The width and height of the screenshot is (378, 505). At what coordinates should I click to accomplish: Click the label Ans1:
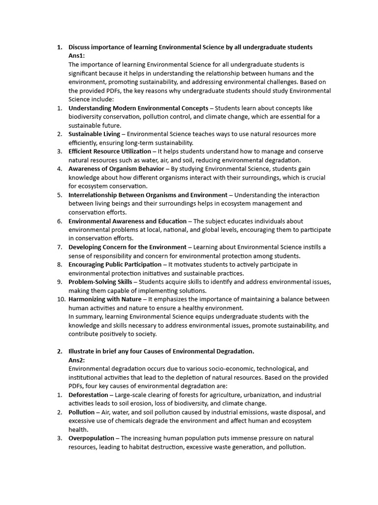point(76,56)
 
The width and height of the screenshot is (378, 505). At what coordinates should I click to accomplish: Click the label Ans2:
point(76,360)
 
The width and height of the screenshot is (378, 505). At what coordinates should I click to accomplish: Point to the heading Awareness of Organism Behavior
point(116,169)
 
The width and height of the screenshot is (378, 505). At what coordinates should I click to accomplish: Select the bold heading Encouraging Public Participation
point(115,264)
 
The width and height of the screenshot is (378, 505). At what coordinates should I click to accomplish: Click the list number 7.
point(59,247)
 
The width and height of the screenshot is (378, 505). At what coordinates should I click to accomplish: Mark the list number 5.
point(59,195)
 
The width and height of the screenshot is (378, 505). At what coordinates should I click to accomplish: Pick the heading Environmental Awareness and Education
point(127,221)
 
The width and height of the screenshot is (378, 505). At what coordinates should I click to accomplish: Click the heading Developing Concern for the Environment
point(127,247)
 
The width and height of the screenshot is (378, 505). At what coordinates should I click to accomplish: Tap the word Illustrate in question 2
point(82,351)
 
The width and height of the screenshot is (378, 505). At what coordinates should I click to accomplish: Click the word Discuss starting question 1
point(80,47)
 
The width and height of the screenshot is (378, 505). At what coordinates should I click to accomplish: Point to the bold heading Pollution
point(81,412)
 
